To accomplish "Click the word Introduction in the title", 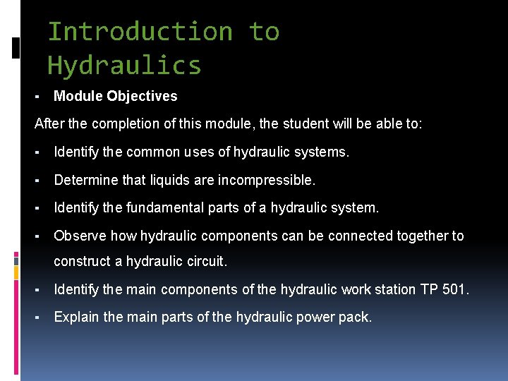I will (140, 32).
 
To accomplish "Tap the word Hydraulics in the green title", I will (124, 66).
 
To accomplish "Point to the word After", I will (49, 124).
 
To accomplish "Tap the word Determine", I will (86, 180).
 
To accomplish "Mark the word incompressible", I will (266, 180).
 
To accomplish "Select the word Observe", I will (80, 236).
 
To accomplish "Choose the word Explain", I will (76, 317).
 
